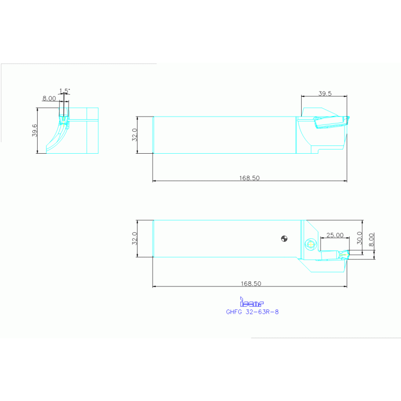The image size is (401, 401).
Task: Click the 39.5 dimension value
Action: tap(325, 94)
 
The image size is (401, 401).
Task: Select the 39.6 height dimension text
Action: tap(35, 131)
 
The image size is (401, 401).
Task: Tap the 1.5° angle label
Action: tap(64, 91)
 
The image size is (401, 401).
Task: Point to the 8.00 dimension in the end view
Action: tap(49, 98)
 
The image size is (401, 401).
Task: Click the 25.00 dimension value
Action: tap(335, 235)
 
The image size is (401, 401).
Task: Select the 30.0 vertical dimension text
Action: tap(359, 237)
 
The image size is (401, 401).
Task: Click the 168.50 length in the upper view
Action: tap(249, 178)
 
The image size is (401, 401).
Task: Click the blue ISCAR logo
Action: tap(251, 303)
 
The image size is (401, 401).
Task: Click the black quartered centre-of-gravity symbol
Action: tap(284, 239)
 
